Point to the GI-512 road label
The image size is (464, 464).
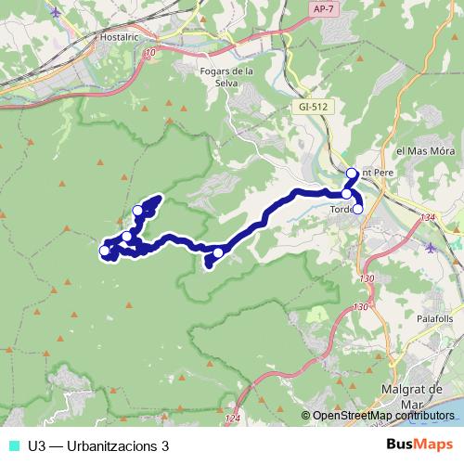[313, 107]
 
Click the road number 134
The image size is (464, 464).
[427, 217]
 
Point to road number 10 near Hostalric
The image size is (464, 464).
[150, 53]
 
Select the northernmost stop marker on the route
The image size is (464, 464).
[352, 174]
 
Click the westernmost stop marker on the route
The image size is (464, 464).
[105, 250]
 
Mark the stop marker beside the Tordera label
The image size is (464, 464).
[357, 210]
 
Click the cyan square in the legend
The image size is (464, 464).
[13, 445]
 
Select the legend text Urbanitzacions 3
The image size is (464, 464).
[98, 445]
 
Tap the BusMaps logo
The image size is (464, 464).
[419, 445]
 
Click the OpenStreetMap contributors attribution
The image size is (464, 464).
[380, 415]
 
